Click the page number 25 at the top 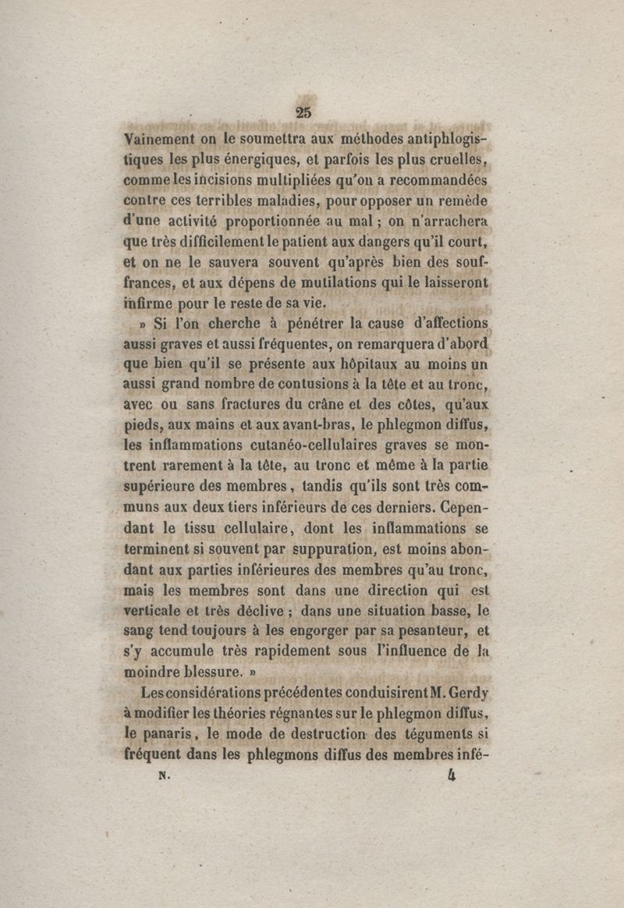(x=304, y=112)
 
